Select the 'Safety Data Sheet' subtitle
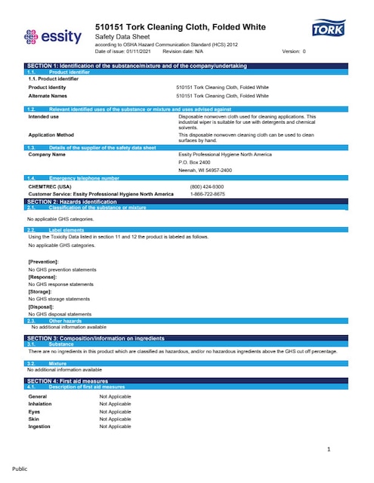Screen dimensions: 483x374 click(x=120, y=37)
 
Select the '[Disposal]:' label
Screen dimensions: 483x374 click(x=42, y=306)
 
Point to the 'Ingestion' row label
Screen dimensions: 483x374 click(x=39, y=426)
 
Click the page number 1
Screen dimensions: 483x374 click(x=329, y=451)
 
